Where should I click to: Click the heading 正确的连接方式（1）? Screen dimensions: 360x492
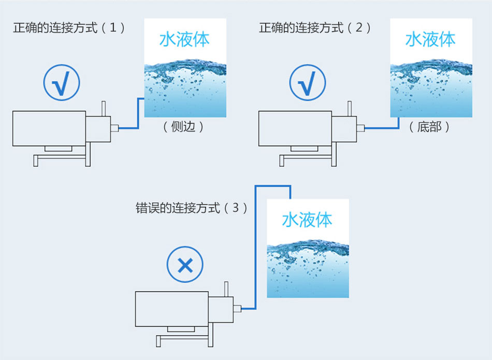(x=69, y=27)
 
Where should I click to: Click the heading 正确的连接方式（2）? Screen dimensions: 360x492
(x=315, y=27)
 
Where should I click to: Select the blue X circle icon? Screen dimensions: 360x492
(x=185, y=266)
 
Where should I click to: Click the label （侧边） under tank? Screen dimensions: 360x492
(x=183, y=126)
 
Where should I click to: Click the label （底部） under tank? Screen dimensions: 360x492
(x=429, y=126)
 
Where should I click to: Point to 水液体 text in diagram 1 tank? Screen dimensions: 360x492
(x=184, y=40)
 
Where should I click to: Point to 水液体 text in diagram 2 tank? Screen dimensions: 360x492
(x=431, y=40)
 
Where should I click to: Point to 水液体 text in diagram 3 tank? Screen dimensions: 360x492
(x=308, y=220)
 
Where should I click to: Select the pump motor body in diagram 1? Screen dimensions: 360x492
(x=49, y=128)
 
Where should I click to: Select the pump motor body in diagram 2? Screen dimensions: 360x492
(x=295, y=128)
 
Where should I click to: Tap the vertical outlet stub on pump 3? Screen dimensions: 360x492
(x=226, y=287)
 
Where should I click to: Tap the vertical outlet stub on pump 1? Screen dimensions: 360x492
(x=103, y=108)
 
